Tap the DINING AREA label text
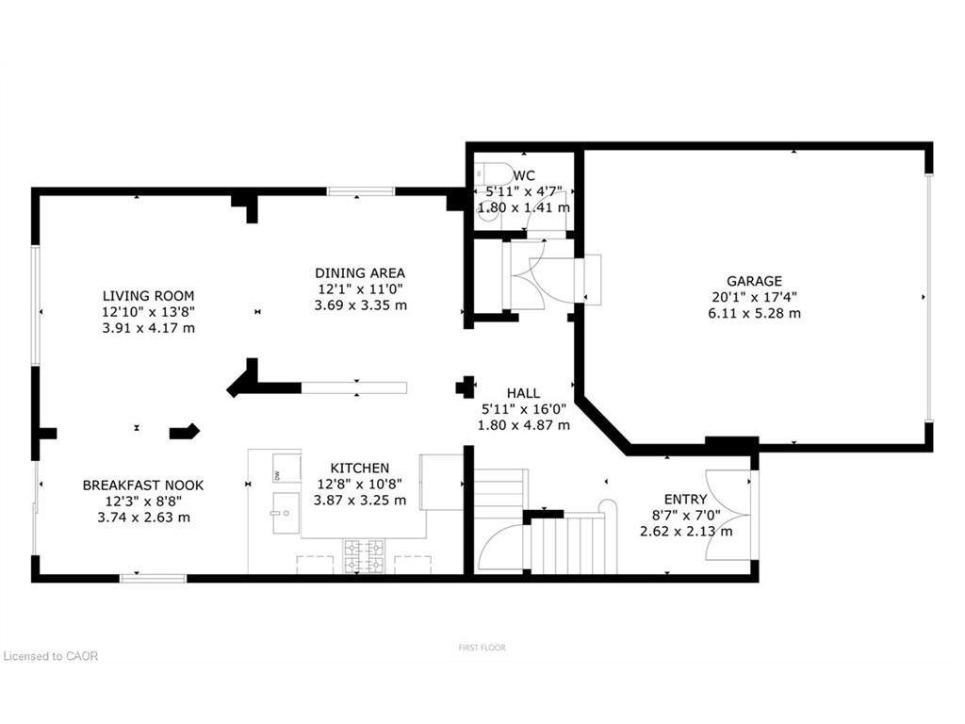(x=360, y=273)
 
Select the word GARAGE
(x=753, y=281)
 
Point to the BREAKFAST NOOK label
(x=142, y=485)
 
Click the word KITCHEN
(x=359, y=468)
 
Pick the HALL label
(x=523, y=393)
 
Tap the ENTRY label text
(x=685, y=499)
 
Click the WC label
(x=525, y=175)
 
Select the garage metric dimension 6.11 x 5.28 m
(x=754, y=313)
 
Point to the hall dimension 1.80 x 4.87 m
(x=523, y=425)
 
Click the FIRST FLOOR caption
(x=482, y=648)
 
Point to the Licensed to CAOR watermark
(x=51, y=656)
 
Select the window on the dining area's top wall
(x=361, y=192)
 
